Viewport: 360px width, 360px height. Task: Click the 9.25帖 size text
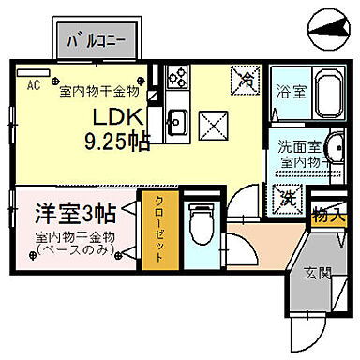[x=116, y=140]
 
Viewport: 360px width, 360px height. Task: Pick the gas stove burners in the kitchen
[x=175, y=80]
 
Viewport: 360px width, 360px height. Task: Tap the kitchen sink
[x=175, y=119]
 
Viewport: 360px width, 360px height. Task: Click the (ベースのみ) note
[x=75, y=251]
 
